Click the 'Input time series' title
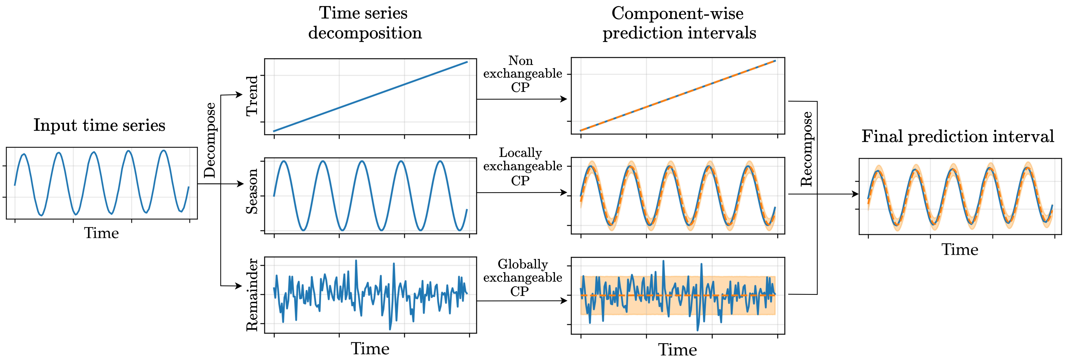point(99,125)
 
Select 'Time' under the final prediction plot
point(960,249)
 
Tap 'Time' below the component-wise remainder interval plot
point(678,350)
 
